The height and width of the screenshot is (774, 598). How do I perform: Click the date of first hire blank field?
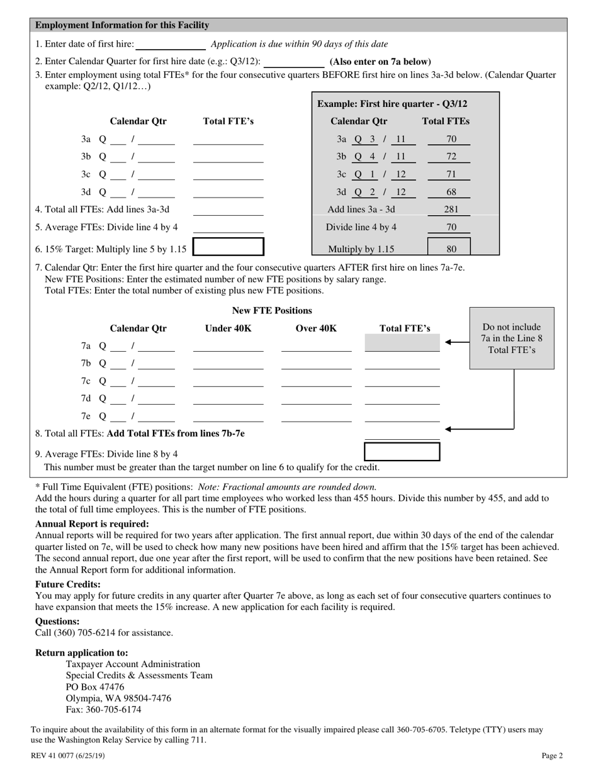point(171,45)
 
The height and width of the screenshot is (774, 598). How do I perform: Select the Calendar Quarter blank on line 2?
point(293,62)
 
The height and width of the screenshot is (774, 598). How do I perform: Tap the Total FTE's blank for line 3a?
point(228,140)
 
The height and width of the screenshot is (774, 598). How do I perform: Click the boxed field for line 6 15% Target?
point(228,247)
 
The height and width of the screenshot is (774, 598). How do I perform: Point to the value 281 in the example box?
point(451,210)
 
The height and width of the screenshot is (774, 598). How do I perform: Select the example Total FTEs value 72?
point(451,157)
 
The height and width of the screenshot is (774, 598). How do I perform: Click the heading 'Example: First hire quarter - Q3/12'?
point(392,104)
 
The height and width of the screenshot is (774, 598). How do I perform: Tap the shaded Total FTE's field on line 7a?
point(402,344)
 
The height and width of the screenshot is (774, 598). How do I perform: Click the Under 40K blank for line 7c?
point(228,381)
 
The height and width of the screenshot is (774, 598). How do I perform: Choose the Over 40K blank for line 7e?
point(316,417)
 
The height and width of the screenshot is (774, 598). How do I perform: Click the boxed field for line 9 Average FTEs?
point(402,452)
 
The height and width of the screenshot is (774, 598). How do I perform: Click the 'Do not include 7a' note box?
point(512,338)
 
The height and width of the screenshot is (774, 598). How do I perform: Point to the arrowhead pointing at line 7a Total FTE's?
point(448,342)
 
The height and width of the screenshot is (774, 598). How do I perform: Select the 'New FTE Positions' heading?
point(272,310)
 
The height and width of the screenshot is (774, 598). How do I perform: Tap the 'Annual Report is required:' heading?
point(92,524)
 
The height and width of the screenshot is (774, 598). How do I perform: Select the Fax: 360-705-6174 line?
point(103,709)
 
